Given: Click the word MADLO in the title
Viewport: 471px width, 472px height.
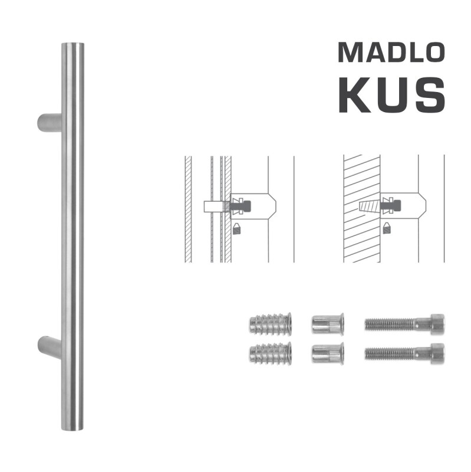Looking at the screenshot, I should pyautogui.click(x=390, y=53).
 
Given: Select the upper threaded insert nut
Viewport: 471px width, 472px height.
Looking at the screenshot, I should pyautogui.click(x=271, y=323).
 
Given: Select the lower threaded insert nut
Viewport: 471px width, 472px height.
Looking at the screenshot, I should pyautogui.click(x=271, y=353).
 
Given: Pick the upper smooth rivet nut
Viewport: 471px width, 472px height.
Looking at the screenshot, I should pyautogui.click(x=327, y=324).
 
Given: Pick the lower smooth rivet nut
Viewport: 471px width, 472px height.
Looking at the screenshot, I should pyautogui.click(x=327, y=353).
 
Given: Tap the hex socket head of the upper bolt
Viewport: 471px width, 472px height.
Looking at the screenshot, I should pyautogui.click(x=437, y=324).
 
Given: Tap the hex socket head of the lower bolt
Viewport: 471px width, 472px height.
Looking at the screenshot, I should pyautogui.click(x=437, y=353).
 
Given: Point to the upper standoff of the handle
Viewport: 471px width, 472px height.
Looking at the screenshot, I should pyautogui.click(x=49, y=122).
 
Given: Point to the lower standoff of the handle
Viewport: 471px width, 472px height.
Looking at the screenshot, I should pyautogui.click(x=49, y=346).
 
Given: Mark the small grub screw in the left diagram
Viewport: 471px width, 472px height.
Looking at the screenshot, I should pyautogui.click(x=237, y=228).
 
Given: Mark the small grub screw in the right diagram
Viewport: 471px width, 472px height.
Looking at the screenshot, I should pyautogui.click(x=387, y=228).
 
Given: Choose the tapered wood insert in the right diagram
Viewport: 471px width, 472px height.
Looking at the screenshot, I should pyautogui.click(x=369, y=206).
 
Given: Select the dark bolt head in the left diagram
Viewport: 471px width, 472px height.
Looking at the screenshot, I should pyautogui.click(x=245, y=206).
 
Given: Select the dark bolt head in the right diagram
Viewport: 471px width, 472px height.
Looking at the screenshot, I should pyautogui.click(x=394, y=206).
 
